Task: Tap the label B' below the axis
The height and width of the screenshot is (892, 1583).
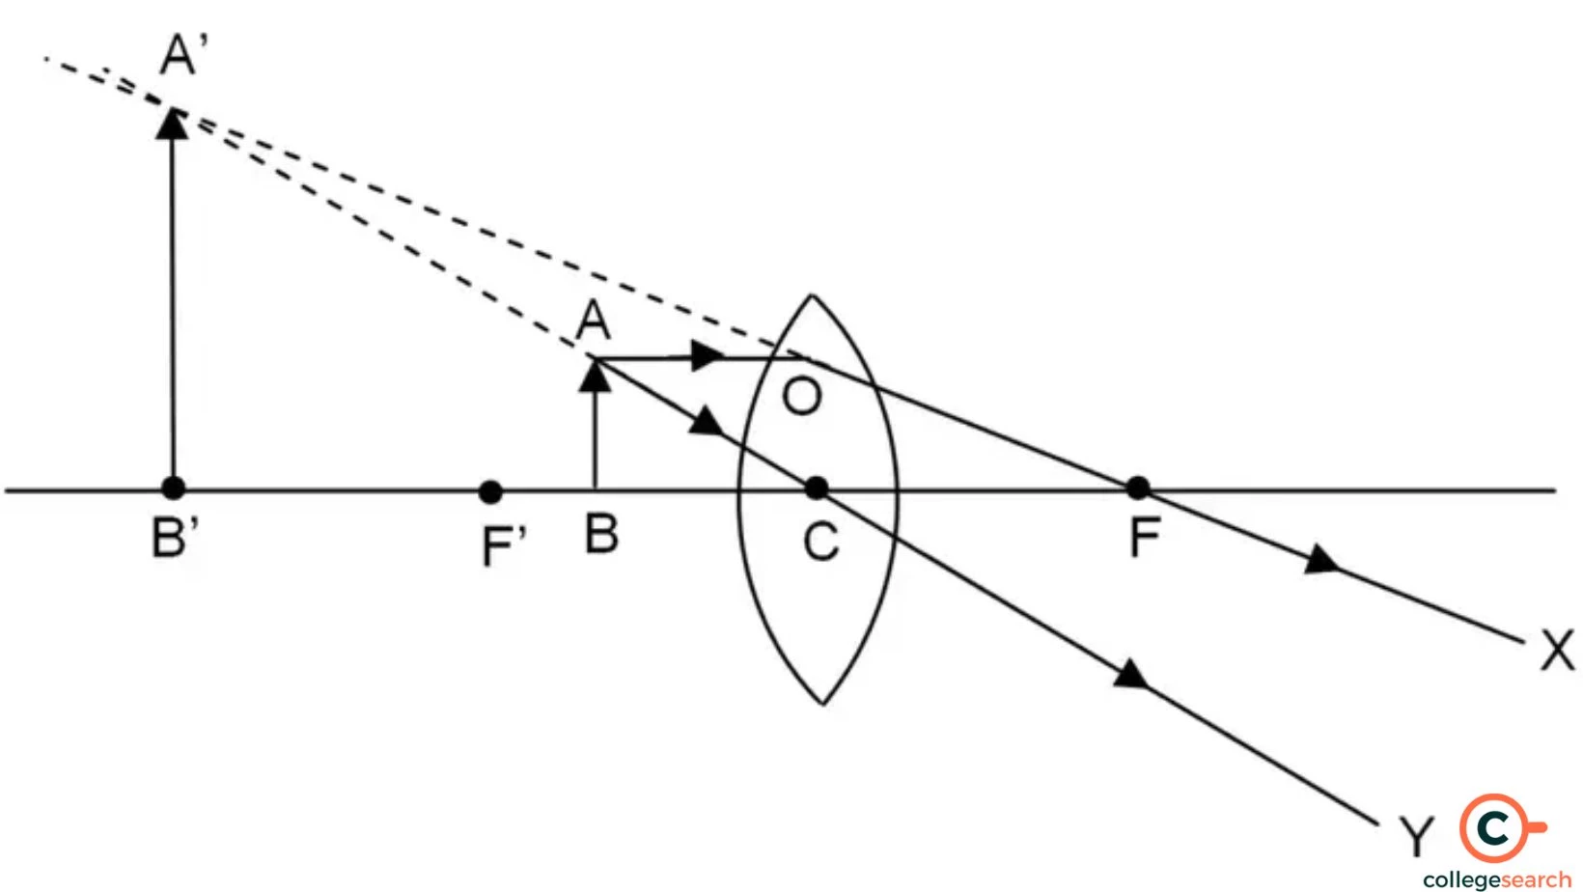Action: tap(175, 538)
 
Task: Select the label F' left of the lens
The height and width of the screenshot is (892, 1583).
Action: tap(503, 545)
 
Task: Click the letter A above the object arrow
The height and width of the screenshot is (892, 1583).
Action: tap(593, 321)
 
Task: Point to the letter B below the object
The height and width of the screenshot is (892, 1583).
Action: tap(601, 534)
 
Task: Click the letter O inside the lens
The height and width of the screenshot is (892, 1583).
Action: tap(802, 396)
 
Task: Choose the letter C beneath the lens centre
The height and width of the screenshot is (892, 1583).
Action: tap(821, 542)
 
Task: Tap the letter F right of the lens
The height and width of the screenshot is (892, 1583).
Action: tap(1144, 538)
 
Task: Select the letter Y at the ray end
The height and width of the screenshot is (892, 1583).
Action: tap(1416, 836)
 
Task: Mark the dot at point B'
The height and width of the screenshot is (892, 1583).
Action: tap(173, 488)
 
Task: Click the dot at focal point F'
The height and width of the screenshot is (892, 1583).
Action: tap(490, 492)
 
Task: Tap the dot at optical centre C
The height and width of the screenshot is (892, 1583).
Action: tap(817, 488)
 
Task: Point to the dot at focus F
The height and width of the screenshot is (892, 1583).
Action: tap(1138, 488)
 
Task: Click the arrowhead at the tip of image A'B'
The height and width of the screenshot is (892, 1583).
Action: tap(173, 124)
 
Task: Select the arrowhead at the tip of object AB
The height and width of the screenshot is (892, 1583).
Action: tap(595, 376)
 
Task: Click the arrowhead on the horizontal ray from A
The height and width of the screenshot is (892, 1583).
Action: tap(708, 355)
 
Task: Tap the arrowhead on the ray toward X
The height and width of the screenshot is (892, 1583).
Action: tap(1320, 560)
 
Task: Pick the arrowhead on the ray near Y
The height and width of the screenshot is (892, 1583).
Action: tap(1131, 673)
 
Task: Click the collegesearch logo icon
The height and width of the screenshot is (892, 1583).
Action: tap(1495, 828)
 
